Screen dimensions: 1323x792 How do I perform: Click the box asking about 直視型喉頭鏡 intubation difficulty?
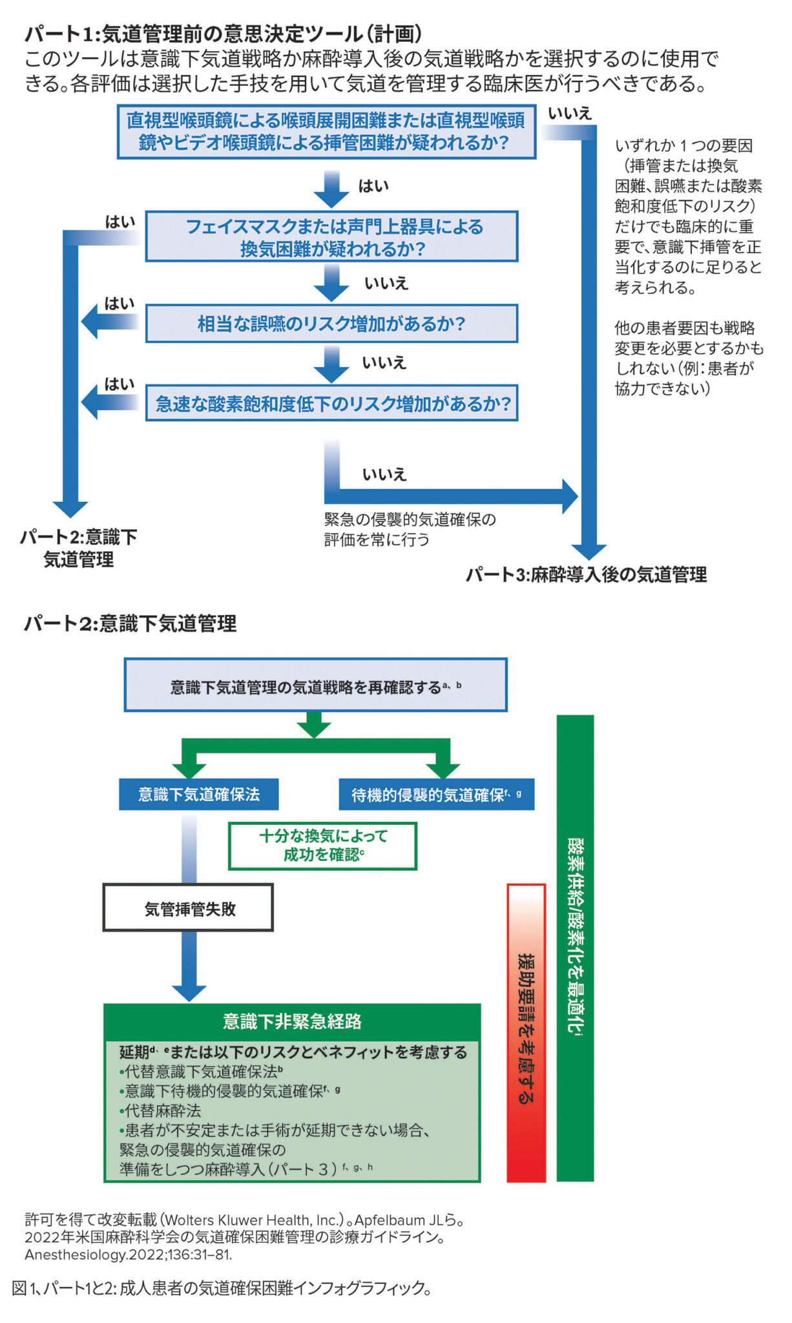point(326,132)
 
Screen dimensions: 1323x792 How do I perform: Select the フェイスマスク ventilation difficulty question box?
point(331,236)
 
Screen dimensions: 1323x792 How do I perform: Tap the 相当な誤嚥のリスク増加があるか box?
point(331,324)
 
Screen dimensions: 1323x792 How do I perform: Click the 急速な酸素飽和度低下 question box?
point(331,404)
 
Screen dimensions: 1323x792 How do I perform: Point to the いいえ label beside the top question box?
point(569,114)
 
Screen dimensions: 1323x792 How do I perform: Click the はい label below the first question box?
point(373,186)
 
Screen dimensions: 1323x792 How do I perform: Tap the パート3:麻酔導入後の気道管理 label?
point(586,574)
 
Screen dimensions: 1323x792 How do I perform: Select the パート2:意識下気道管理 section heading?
point(130,623)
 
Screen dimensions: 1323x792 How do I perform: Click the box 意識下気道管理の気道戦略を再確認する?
point(315,685)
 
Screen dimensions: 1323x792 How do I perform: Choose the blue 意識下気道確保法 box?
point(198,795)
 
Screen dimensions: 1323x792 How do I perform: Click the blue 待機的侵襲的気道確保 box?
point(436,795)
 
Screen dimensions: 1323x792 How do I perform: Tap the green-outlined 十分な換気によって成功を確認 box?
point(322,846)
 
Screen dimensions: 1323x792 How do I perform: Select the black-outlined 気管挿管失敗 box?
point(188,908)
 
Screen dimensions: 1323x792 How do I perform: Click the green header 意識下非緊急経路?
point(292,1021)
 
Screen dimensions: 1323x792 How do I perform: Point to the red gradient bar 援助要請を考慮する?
point(526,1032)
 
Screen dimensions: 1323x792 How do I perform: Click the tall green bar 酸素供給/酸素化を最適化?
point(575,947)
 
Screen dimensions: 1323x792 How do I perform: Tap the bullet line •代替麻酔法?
point(160,1110)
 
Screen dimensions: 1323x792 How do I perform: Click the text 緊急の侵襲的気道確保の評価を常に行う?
point(410,529)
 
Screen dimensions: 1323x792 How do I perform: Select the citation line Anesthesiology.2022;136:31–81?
point(128,1255)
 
